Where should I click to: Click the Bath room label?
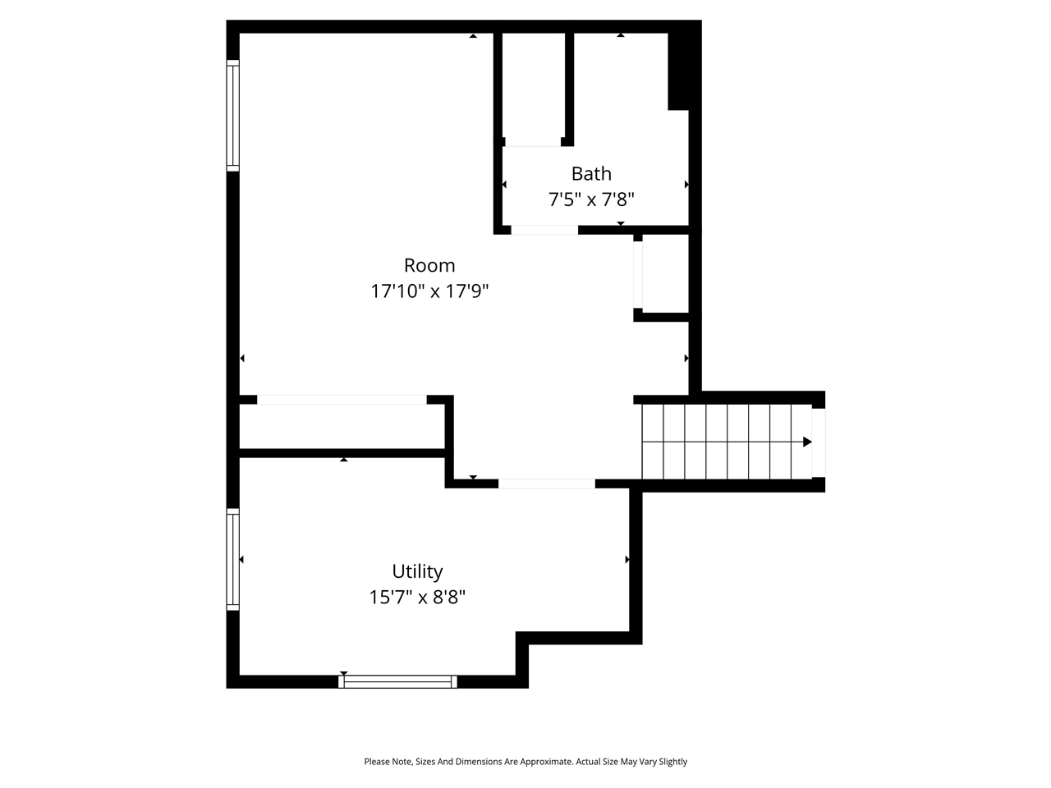591,173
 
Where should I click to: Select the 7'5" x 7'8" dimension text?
591,199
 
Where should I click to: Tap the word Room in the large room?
429,265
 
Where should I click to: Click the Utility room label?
417,571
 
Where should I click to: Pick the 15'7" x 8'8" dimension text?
417,597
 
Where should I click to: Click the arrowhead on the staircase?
807,442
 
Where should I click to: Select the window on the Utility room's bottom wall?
397,681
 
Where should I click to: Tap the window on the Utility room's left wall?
233,559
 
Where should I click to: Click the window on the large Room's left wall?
233,116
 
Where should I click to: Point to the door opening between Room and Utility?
547,483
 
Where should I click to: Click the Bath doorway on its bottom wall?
544,230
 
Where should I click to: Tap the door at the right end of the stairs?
818,442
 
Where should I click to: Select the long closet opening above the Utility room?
342,400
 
